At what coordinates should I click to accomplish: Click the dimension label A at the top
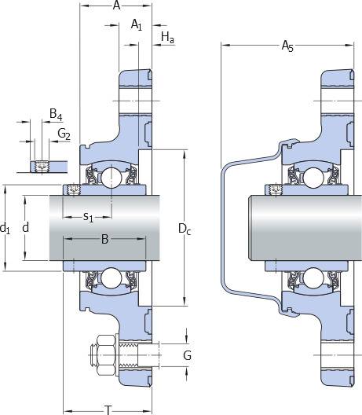click(x=116, y=5)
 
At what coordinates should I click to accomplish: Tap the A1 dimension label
click(x=137, y=24)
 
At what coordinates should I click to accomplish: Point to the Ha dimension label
click(x=167, y=37)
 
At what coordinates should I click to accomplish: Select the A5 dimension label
click(x=287, y=46)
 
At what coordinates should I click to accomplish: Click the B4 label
click(x=56, y=114)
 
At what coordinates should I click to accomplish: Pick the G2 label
click(x=64, y=134)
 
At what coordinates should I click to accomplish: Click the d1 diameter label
click(x=5, y=228)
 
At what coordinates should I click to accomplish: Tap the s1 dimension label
click(x=88, y=217)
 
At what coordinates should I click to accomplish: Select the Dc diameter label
click(x=185, y=229)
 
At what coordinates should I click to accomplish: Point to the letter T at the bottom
click(x=108, y=410)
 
